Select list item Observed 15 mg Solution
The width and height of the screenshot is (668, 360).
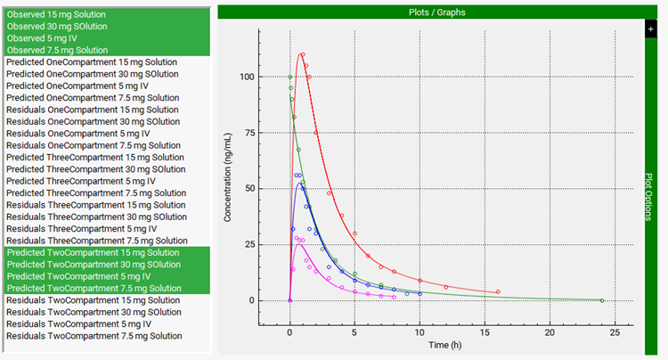tap(55, 14)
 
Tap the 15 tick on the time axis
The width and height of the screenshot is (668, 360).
tap(485, 331)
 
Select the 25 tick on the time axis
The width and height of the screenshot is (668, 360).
tap(615, 331)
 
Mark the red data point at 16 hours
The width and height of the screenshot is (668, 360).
tap(498, 291)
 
